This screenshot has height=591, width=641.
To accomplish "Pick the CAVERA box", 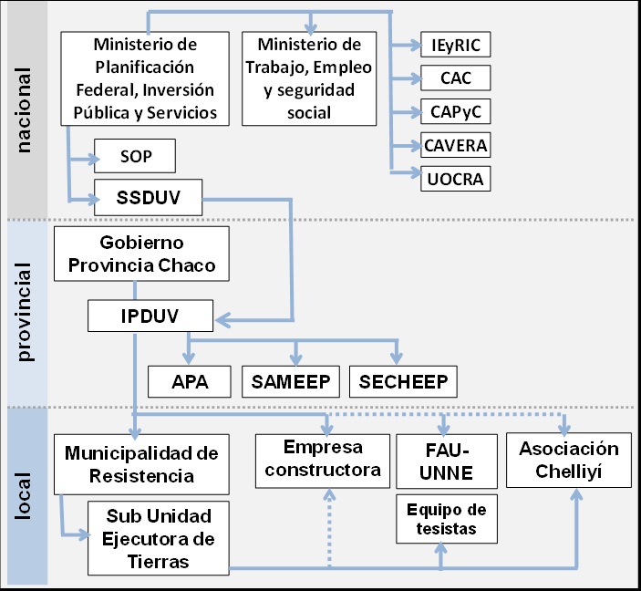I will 456,144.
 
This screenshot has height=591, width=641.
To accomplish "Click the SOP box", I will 134,157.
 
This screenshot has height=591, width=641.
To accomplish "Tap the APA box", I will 190,380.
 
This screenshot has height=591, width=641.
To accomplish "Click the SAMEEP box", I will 292,380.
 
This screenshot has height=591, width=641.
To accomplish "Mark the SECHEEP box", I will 403,380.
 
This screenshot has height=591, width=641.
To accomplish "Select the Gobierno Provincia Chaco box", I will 140,254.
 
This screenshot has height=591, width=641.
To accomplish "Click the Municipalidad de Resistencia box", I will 141,463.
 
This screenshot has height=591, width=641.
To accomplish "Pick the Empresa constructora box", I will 322,459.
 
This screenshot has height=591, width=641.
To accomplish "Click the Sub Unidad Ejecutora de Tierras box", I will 159,537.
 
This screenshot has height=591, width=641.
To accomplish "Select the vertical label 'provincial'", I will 25,313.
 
